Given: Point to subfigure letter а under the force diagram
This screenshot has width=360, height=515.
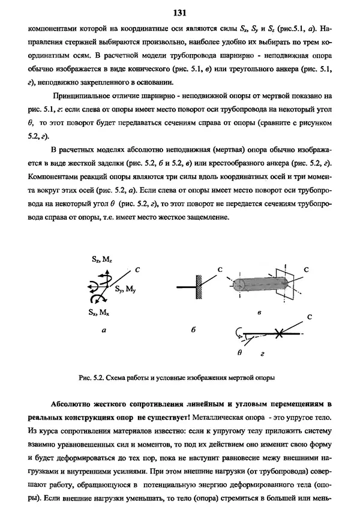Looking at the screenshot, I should [x=104, y=330].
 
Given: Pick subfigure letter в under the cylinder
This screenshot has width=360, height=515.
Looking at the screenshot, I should [x=259, y=313].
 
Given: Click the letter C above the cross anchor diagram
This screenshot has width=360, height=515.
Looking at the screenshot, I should [x=309, y=316].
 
